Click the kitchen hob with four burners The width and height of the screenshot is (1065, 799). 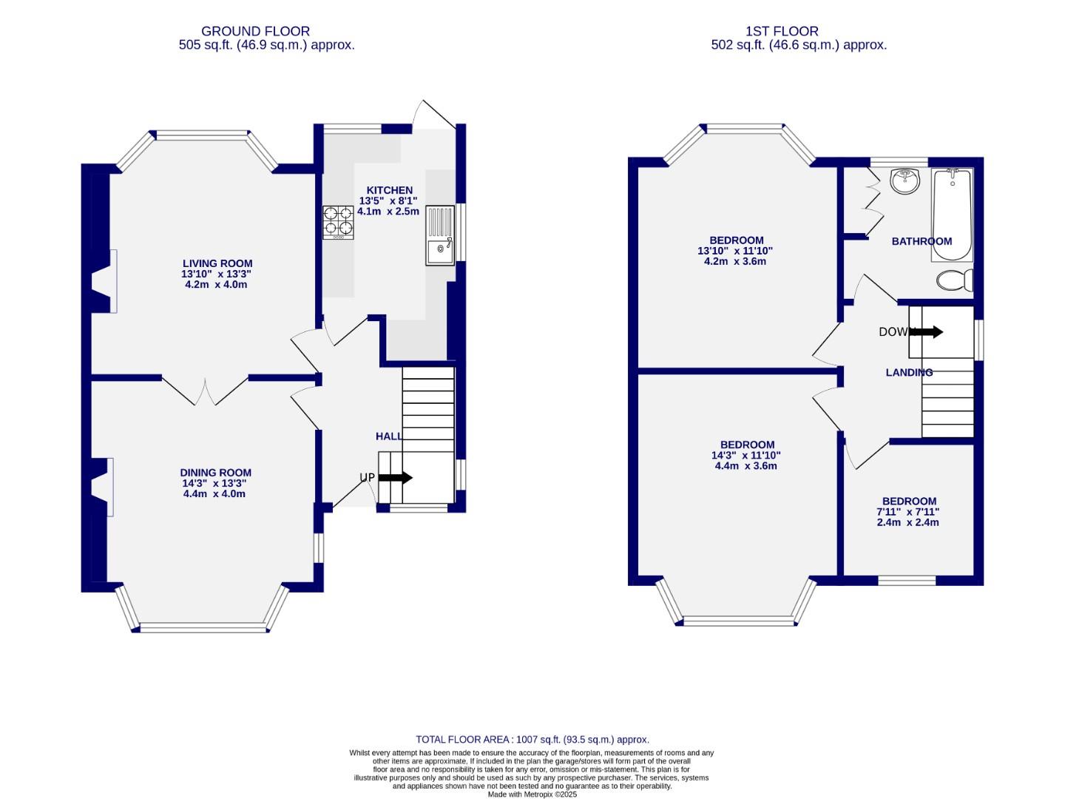pos(339,222)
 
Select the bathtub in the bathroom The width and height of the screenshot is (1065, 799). pos(952,215)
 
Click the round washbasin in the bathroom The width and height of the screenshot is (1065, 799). pos(905,181)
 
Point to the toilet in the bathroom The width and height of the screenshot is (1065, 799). pos(954,280)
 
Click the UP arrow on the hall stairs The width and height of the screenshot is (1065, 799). pos(395,478)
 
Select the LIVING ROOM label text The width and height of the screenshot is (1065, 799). pos(217,263)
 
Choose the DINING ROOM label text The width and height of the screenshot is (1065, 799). pos(216,473)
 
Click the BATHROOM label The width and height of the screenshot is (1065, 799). pos(922,241)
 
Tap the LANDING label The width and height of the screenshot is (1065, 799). pos(909,373)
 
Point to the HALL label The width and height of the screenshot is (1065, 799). pos(389,436)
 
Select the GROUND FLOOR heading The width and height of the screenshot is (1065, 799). pos(255,31)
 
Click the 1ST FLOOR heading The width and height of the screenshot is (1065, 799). pos(782,31)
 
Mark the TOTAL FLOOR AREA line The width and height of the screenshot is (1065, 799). pos(532,739)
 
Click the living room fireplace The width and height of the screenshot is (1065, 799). pos(104,281)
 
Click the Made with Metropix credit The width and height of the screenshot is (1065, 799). pos(532,795)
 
